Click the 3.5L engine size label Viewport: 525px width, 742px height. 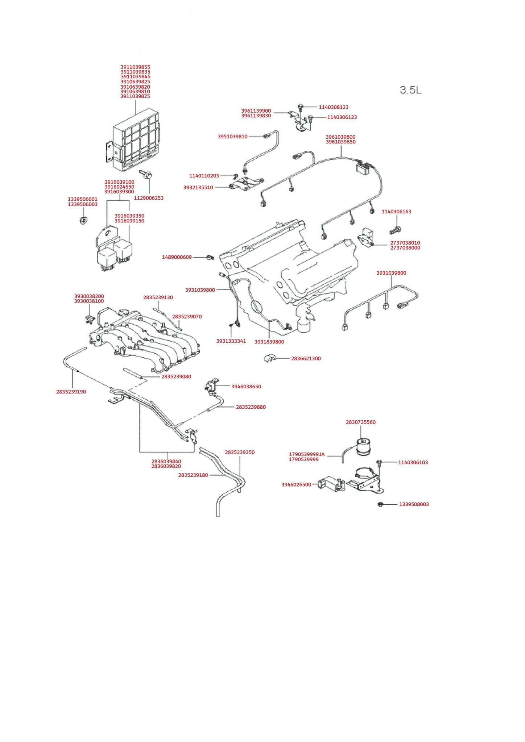pos(411,90)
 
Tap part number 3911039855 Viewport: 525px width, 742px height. pos(135,67)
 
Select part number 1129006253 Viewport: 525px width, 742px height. pos(149,198)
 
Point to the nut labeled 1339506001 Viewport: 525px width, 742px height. pos(84,220)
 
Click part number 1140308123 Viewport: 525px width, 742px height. pos(334,107)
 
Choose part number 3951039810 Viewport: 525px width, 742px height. pos(232,137)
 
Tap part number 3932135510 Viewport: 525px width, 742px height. pos(198,188)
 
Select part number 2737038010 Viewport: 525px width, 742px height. pos(405,243)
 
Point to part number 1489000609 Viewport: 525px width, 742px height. pos(177,257)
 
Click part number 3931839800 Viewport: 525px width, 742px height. pos(269,342)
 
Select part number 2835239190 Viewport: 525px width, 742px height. pos(71,392)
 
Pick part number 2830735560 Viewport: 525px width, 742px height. pos(361,422)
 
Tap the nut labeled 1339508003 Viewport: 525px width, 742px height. pos(380,504)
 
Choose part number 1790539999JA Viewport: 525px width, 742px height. pos(307,454)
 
